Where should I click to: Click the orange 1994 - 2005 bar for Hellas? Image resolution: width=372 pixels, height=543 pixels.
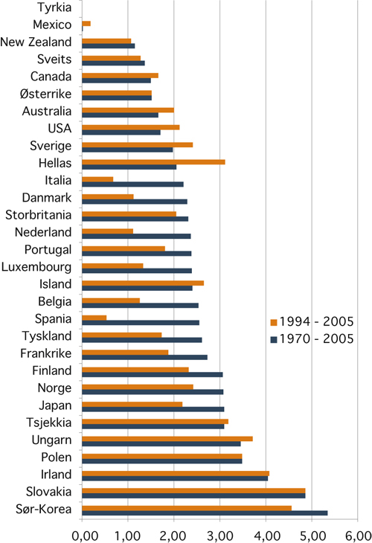tap(153, 161)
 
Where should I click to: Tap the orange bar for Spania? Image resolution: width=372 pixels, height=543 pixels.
tap(94, 318)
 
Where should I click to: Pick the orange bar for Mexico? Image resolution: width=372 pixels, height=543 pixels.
tap(86, 24)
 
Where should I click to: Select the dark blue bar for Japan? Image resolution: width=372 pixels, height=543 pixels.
tap(153, 409)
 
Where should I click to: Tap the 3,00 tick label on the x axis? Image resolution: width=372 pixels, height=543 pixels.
tap(220, 534)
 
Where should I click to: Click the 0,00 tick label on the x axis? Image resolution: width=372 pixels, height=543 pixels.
tap(82, 534)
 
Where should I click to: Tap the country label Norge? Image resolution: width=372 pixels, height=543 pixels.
tap(54, 387)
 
